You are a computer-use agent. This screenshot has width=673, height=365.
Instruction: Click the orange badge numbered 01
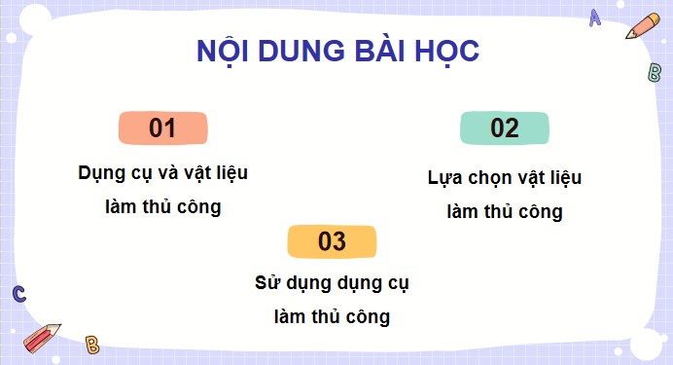point(162,128)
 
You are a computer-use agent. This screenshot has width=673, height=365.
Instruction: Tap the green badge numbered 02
point(505,128)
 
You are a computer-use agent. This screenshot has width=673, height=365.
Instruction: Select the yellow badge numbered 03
point(332,242)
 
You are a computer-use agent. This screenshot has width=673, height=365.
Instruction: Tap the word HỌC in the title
point(446,53)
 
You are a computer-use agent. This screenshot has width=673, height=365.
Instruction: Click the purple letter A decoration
point(595,18)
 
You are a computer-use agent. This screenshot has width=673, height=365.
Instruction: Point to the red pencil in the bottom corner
point(42,336)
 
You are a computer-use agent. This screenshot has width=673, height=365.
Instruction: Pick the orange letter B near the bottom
point(92,344)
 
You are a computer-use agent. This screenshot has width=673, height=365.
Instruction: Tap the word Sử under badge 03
point(268,284)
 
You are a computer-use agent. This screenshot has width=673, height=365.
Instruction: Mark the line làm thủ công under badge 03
point(332,316)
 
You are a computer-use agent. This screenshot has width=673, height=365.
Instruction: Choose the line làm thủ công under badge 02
point(505,211)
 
